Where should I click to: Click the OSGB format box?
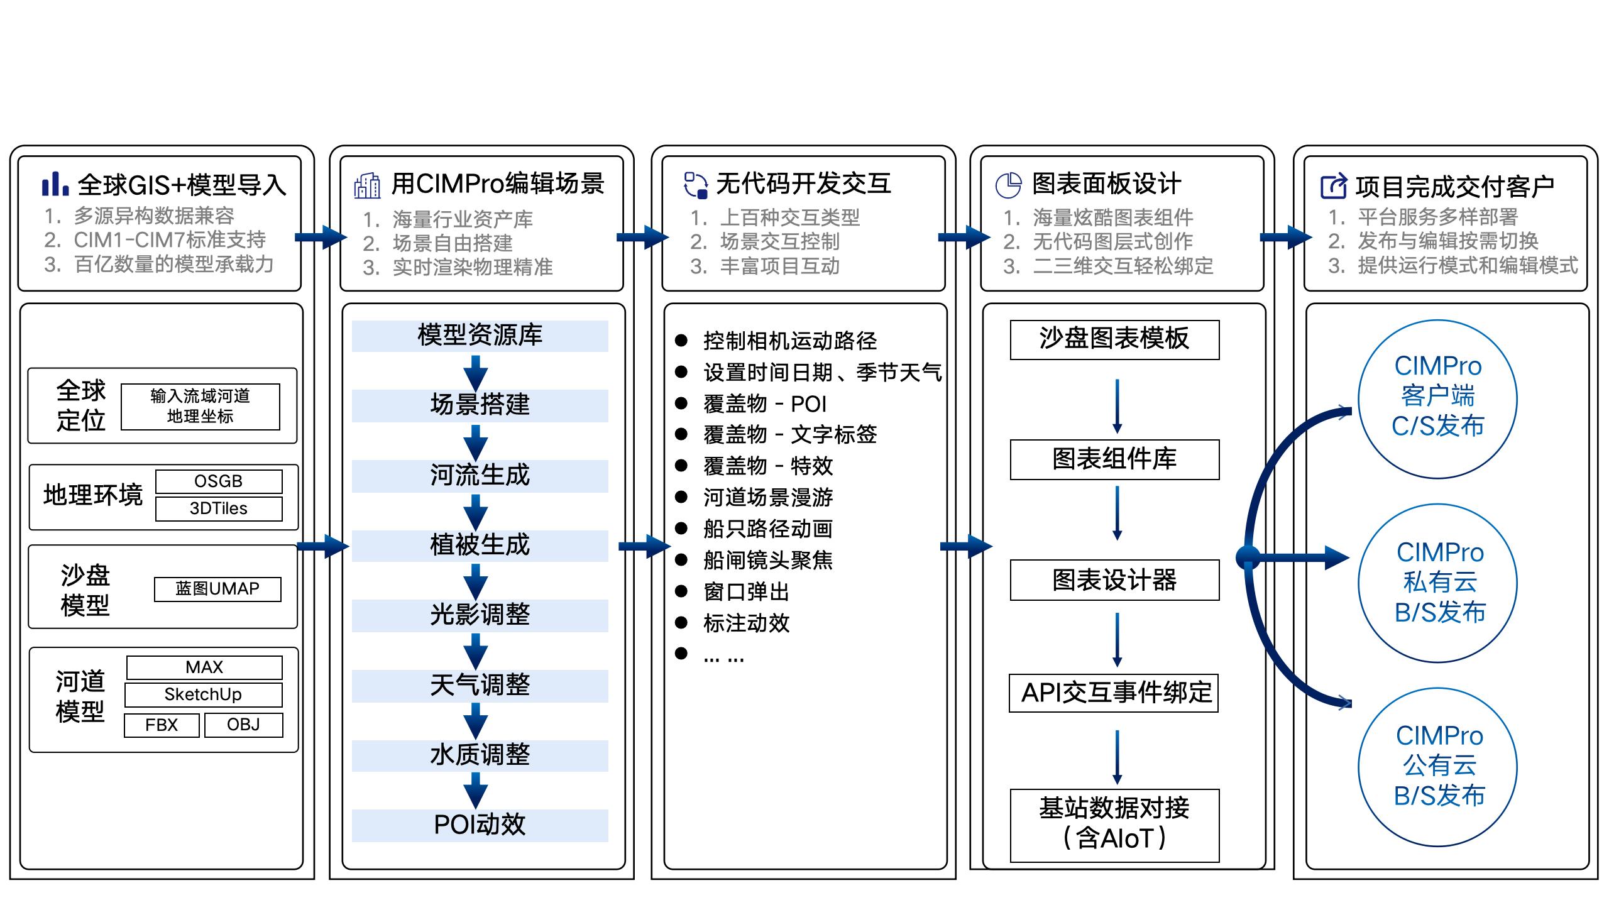pos(219,481)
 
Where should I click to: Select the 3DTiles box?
pos(219,508)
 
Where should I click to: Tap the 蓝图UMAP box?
pos(217,589)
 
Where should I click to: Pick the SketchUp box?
pos(203,694)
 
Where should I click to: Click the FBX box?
pos(162,725)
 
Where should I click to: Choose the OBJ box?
pos(243,725)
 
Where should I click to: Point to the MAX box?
pos(204,667)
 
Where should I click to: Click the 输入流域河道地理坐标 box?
pos(200,407)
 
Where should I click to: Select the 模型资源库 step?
pos(480,336)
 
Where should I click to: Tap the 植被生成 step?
pos(480,546)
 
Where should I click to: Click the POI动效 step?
pos(480,825)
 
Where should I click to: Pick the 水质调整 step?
pos(480,755)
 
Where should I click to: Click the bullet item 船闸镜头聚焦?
pos(767,560)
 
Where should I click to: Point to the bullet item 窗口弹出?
pos(746,591)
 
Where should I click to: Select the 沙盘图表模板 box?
pos(1114,339)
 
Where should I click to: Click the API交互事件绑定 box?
pos(1114,693)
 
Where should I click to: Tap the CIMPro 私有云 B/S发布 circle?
pos(1438,583)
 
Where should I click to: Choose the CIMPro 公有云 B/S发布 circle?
pos(1438,767)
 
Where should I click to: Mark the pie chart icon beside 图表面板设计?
pos(1008,185)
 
